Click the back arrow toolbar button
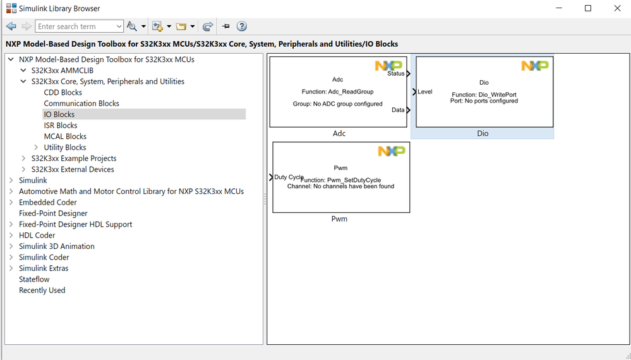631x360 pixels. pos(11,27)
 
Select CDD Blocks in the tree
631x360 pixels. pos(63,92)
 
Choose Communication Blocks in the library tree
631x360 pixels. pos(81,104)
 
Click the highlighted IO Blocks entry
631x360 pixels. pos(59,114)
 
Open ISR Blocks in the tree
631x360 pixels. pos(61,126)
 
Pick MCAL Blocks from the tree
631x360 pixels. pos(65,136)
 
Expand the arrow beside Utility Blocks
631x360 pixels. pos(36,148)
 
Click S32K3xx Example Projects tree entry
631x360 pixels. pos(74,159)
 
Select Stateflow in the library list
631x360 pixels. pos(34,279)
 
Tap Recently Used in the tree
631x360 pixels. pos(42,290)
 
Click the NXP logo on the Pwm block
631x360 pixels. pos(392,151)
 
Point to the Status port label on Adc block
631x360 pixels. pos(395,74)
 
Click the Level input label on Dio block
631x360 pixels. pos(424,92)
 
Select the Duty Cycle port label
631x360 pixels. pos(289,177)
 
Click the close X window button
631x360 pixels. pos(617,8)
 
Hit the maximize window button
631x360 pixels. pos(588,8)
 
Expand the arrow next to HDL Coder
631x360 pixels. pos(11,236)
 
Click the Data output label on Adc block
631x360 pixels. pos(397,110)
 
